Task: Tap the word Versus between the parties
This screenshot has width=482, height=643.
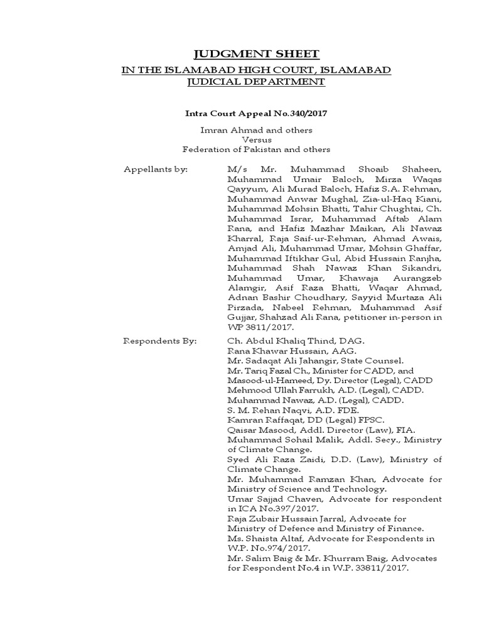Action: click(256, 139)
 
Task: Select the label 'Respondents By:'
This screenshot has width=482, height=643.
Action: click(161, 340)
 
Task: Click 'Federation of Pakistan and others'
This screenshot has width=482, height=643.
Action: click(256, 149)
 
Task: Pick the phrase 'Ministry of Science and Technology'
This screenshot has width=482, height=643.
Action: click(307, 489)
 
